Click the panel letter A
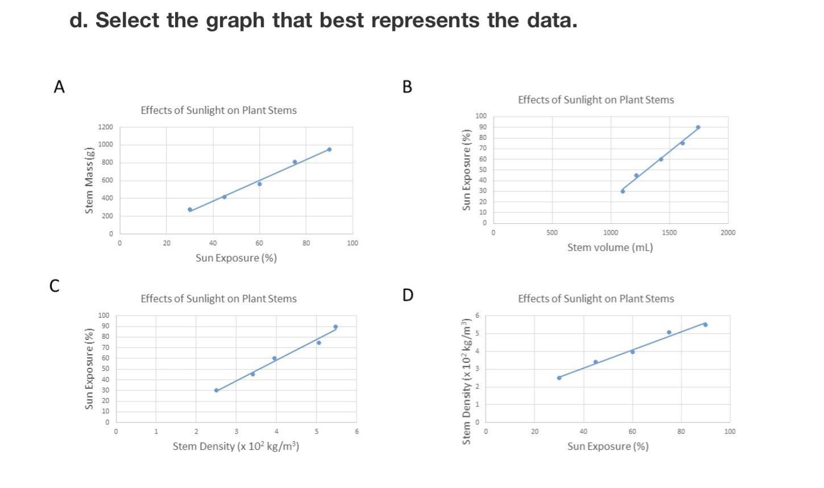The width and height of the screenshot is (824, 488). pos(59,87)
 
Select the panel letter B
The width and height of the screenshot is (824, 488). pos(407,87)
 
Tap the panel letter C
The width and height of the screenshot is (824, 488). pos(55,285)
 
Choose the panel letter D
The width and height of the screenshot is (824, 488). pos(408,295)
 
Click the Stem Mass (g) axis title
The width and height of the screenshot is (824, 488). pos(89,181)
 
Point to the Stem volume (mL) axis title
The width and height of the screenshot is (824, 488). pos(610,248)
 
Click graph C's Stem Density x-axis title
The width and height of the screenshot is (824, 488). pos(235,446)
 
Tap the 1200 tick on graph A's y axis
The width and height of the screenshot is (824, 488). pos(106,127)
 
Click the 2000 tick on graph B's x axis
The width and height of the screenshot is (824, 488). pos(728,232)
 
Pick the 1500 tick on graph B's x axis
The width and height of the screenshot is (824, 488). pos(669,232)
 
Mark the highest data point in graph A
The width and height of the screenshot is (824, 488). pos(329,150)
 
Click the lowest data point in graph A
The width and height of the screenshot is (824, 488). pos(190,210)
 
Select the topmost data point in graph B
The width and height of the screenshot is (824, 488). pos(698,128)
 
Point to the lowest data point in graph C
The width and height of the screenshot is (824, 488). pos(216,390)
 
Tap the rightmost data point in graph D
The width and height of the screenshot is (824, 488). pos(705,325)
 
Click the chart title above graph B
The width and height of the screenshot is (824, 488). pos(595,100)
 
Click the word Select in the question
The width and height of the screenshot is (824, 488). pos(127,20)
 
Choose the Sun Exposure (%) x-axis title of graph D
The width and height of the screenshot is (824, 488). pos(607,446)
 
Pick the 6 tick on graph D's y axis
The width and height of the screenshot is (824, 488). pos(478,315)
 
